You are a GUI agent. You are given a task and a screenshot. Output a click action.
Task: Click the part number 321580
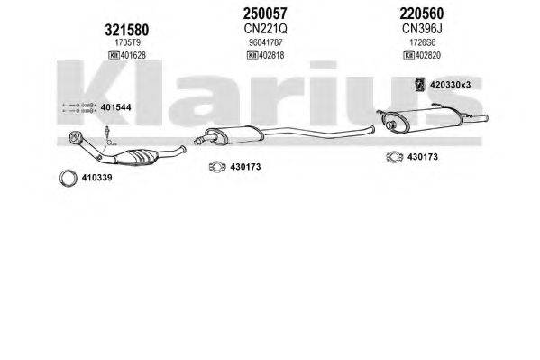127,30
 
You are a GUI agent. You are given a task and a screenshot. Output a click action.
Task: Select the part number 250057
265,14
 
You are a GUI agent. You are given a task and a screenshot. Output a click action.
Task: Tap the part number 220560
422,14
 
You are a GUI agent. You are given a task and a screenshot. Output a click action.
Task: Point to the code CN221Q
265,29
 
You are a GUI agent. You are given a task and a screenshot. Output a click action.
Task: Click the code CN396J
422,29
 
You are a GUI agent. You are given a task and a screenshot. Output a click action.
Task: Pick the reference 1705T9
127,42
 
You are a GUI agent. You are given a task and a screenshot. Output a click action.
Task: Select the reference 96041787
266,42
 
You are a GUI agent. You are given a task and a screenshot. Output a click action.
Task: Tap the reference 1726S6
422,42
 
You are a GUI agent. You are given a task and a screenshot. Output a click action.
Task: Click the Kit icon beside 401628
114,55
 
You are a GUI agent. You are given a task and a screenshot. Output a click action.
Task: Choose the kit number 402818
271,55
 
